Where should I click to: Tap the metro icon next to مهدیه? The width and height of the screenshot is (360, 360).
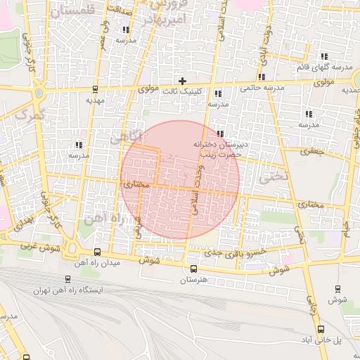tap(95, 89)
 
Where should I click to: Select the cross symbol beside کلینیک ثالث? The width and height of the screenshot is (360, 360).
tap(183, 82)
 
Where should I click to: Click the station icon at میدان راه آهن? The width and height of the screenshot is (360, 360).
tap(96, 252)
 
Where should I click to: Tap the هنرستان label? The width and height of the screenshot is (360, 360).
tap(193, 281)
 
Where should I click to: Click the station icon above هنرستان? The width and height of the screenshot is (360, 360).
tap(193, 268)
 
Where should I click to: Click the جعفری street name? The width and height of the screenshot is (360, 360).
tap(310, 151)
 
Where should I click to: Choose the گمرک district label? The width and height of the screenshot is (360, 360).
tap(32, 112)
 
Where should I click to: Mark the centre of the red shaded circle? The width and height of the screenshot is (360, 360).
tap(180, 180)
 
